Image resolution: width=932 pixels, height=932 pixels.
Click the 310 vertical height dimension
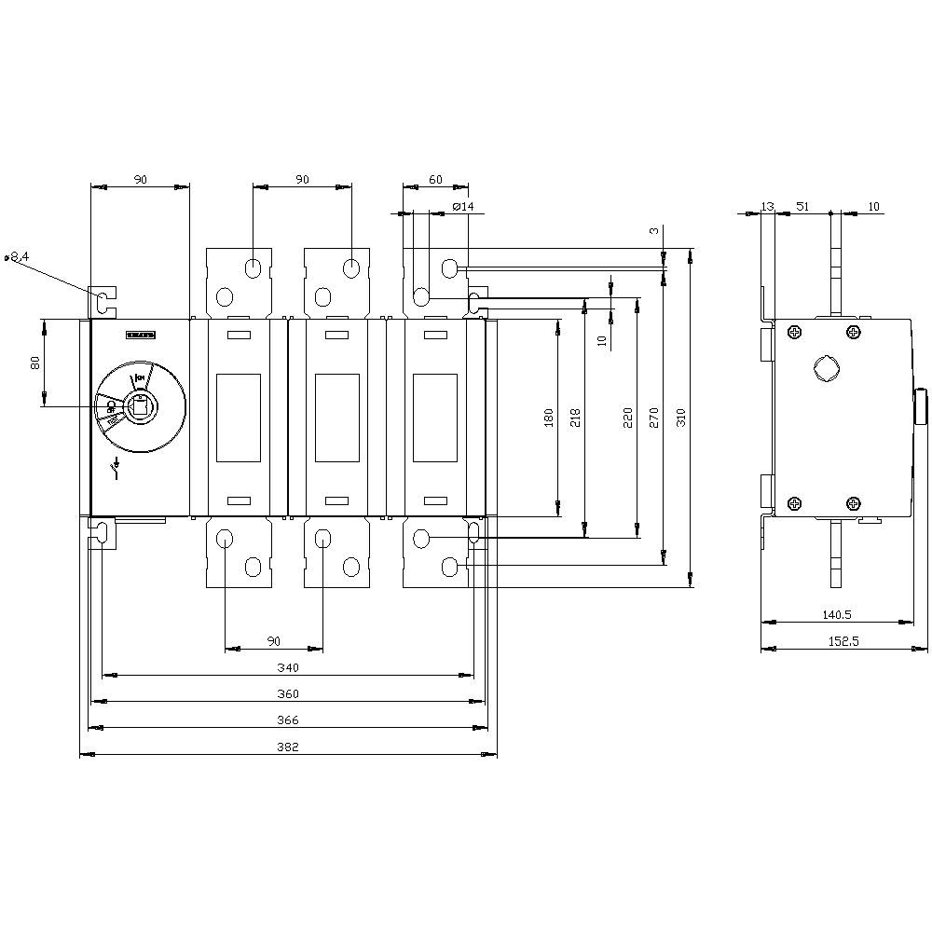(681, 418)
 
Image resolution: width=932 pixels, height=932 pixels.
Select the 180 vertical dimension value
(550, 418)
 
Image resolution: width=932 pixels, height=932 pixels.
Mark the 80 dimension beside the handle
(36, 363)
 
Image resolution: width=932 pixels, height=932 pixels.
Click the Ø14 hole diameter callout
(462, 206)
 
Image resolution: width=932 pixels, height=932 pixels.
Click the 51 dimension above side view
(801, 206)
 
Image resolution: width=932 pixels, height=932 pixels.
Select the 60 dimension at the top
(435, 179)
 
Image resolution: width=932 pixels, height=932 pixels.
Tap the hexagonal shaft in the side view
(825, 369)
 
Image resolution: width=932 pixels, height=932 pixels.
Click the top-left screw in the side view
(794, 332)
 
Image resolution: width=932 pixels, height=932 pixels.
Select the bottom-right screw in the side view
(854, 503)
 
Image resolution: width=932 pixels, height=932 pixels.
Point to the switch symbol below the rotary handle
(116, 466)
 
